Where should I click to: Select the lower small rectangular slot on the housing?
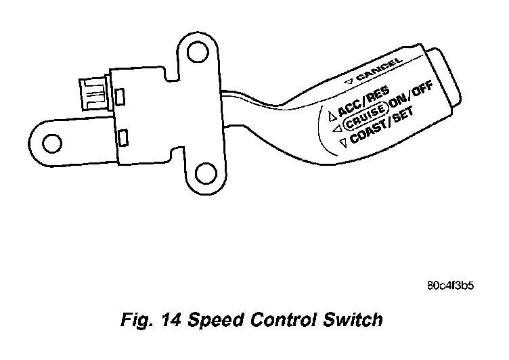point(123,138)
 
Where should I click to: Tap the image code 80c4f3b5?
point(449,284)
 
